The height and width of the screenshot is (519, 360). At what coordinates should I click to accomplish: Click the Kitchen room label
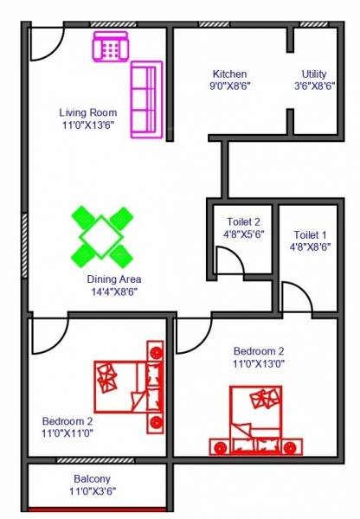(x=229, y=74)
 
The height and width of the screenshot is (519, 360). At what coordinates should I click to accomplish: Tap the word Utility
(x=314, y=74)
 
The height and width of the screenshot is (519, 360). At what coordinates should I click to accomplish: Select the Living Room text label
(x=89, y=112)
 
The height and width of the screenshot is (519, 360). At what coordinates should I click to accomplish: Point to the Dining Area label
(x=113, y=279)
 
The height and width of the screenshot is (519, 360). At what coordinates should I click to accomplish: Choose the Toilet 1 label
(x=311, y=235)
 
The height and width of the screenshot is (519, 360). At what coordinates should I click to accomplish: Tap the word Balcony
(x=92, y=478)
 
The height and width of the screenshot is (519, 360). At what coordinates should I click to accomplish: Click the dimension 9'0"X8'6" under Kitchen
(x=230, y=86)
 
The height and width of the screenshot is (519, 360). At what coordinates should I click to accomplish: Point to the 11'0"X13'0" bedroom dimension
(x=258, y=364)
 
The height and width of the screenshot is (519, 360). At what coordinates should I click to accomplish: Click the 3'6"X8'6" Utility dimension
(x=314, y=86)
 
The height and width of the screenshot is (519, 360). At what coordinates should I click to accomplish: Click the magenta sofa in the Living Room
(x=147, y=99)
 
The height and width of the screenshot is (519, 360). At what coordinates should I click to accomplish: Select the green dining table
(x=102, y=234)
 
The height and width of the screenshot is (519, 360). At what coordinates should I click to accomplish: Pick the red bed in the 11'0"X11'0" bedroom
(x=130, y=386)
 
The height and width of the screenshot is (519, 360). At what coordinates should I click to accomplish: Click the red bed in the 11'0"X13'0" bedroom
(x=255, y=421)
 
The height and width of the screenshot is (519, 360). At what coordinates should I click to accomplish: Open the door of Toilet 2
(x=228, y=262)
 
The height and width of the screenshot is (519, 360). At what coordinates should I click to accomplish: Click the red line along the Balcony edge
(x=96, y=510)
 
